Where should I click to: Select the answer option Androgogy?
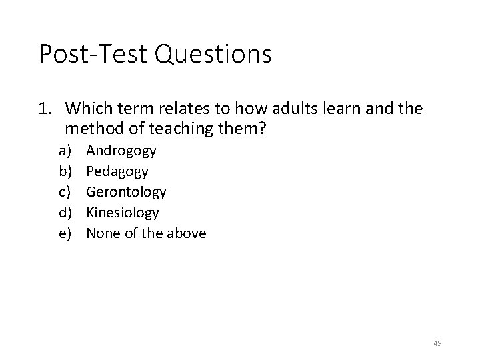tap(121, 151)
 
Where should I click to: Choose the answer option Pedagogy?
tap(117, 171)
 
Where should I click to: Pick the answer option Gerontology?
tap(126, 192)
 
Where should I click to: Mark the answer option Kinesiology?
tap(123, 213)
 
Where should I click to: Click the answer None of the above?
tap(146, 233)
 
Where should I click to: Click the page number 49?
tap(437, 343)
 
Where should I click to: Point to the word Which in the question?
tap(89, 108)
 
